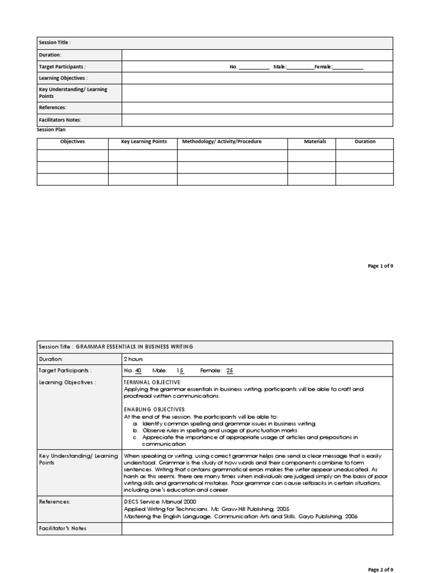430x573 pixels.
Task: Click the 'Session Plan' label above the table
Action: coord(51,129)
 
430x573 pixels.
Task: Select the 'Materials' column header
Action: coord(315,142)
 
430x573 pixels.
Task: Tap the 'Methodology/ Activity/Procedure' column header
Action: coord(222,142)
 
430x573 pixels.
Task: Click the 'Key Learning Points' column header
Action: coord(144,142)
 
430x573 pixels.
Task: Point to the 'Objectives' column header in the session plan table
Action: coord(73,142)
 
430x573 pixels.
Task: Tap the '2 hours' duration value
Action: coord(133,359)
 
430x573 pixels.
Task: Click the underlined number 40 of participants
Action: coord(138,370)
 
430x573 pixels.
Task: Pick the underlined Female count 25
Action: coord(230,370)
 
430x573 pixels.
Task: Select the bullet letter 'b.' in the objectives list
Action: coord(135,431)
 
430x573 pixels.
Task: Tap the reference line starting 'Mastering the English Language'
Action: coord(240,516)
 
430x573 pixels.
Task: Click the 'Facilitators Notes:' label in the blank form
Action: coord(60,120)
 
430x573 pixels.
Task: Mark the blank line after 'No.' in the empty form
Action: coord(254,67)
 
